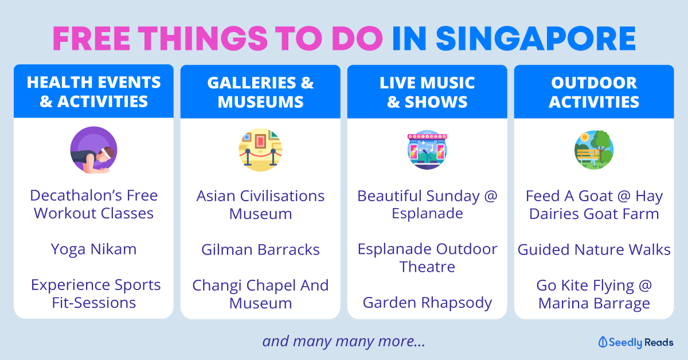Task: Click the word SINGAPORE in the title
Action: pos(535,39)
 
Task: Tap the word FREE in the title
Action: pos(92,39)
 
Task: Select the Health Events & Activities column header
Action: pos(93,92)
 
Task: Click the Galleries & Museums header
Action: pos(260,92)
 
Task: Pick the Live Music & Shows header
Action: pos(427,92)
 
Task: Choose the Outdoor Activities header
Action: pos(594,92)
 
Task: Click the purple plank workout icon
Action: pos(93,150)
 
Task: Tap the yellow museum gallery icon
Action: pos(260,150)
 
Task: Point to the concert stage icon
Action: pos(427,150)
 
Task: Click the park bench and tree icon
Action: pos(594,150)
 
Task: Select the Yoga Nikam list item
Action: pos(93,249)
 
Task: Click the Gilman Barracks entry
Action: pos(260,249)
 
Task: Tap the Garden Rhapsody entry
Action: pos(427,303)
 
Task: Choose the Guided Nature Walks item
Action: pos(594,249)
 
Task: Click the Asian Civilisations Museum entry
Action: pos(260,205)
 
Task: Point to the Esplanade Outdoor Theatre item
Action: pos(427,258)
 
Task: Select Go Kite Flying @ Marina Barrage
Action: pos(594,294)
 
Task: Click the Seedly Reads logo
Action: pos(636,342)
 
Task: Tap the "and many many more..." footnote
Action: pos(343,342)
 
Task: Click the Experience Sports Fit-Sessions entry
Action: pos(96,294)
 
